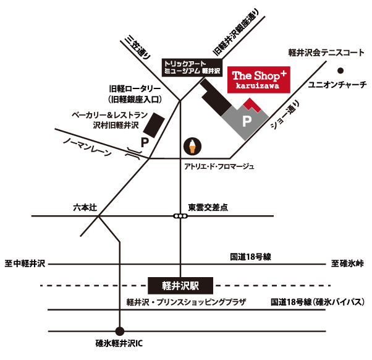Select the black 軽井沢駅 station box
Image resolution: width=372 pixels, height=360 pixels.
point(181,286)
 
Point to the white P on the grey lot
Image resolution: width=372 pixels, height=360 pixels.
point(247,122)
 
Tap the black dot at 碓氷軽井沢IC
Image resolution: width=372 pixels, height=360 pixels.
point(120,331)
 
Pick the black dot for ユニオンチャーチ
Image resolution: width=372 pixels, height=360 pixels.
point(339,71)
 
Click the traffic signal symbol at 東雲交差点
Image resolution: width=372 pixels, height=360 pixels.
point(180,216)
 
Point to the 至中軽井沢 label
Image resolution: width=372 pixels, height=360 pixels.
point(25,264)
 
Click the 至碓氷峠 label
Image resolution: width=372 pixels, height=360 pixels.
point(347,264)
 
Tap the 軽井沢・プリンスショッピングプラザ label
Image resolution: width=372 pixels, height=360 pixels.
point(186,302)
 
